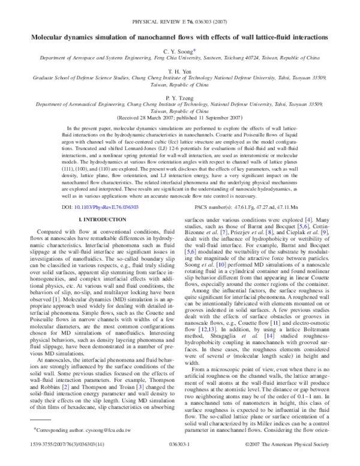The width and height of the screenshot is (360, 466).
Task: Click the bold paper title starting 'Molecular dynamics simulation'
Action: click(180, 37)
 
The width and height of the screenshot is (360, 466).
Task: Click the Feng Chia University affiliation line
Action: click(180, 61)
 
